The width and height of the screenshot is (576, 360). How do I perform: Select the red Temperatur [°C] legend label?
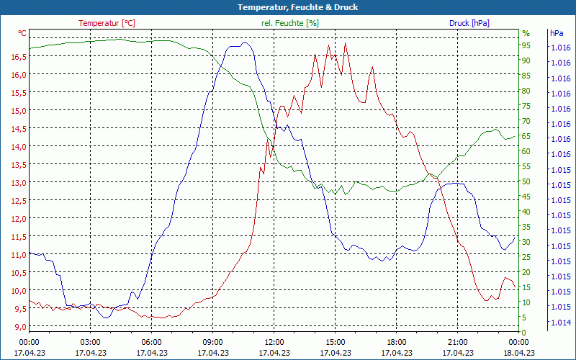click(107, 23)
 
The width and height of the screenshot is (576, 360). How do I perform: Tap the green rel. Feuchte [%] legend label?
click(289, 23)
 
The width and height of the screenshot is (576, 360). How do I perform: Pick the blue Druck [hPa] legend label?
click(469, 23)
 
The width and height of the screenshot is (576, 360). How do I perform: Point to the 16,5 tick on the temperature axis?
click(19, 56)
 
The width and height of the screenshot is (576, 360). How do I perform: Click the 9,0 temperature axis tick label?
click(19, 326)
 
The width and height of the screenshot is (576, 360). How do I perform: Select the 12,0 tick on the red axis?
click(19, 218)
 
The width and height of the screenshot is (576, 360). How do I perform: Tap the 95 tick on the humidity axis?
click(526, 45)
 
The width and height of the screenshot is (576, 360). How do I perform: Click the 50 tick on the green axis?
click(526, 181)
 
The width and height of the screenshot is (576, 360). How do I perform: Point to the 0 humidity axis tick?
click(524, 332)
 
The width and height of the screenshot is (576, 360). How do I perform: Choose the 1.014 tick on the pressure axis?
click(560, 322)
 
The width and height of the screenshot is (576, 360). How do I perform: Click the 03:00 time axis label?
click(90, 342)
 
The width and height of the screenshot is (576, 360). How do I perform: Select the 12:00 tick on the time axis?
click(274, 342)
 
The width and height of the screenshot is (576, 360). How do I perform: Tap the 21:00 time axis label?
click(457, 342)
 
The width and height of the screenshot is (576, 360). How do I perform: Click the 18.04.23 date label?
click(519, 353)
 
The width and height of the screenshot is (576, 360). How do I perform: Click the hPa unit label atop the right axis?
click(557, 33)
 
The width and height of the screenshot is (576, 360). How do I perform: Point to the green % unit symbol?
click(526, 33)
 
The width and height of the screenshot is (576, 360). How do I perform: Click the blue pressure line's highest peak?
click(245, 43)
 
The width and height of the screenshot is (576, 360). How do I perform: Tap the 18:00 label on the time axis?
click(396, 342)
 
